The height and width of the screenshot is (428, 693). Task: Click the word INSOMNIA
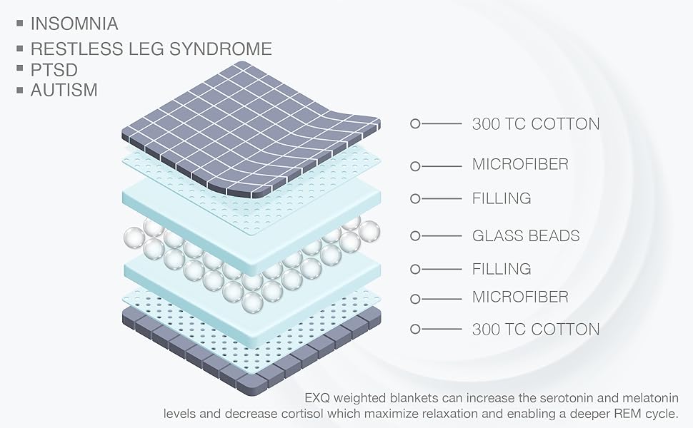(74, 24)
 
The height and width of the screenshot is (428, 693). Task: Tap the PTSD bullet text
(54, 70)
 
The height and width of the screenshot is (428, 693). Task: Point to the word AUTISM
(64, 91)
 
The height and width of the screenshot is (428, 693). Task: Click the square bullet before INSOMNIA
(20, 24)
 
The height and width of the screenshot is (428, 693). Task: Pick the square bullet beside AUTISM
(20, 91)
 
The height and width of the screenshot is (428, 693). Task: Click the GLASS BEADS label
(526, 235)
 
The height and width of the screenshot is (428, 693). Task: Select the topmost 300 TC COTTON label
(536, 123)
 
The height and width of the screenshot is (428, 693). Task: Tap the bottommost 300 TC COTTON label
(536, 329)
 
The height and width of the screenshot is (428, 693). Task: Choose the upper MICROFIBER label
(520, 165)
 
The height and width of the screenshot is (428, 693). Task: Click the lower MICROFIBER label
(520, 296)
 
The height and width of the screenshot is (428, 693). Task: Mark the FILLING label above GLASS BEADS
(502, 198)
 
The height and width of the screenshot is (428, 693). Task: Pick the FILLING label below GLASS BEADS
(502, 269)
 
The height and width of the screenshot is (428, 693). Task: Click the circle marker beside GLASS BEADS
(416, 235)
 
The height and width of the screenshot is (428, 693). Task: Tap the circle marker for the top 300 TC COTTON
(416, 123)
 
